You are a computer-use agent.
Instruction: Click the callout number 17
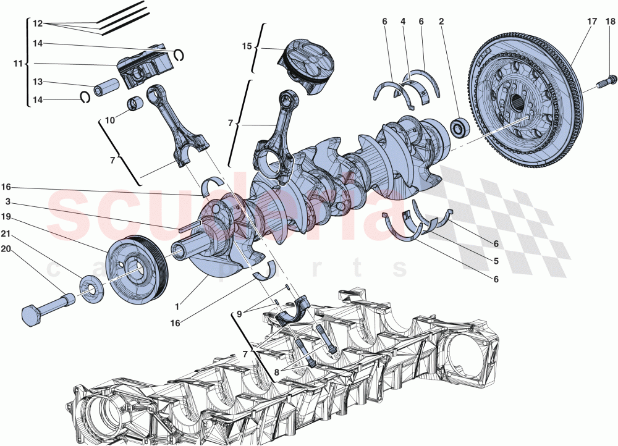pyautogui.click(x=591, y=22)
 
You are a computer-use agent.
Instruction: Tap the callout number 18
pyautogui.click(x=610, y=22)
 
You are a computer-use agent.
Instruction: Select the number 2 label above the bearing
pyautogui.click(x=441, y=22)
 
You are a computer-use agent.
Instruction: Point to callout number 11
pyautogui.click(x=18, y=64)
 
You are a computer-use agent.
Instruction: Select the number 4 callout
pyautogui.click(x=402, y=22)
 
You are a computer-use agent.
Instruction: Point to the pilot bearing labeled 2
pyautogui.click(x=460, y=128)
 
